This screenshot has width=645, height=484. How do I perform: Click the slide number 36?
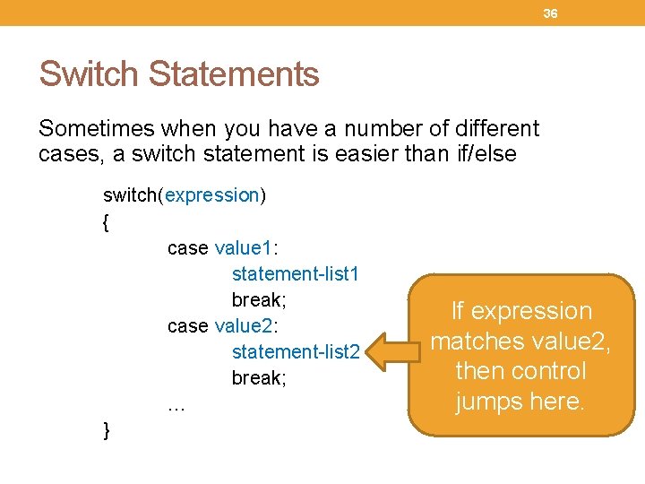(x=550, y=13)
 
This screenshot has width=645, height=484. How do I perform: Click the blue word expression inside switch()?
(x=211, y=195)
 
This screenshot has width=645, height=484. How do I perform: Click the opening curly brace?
(x=107, y=222)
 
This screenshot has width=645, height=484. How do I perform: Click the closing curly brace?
(x=107, y=431)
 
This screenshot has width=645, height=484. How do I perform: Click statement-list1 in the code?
(x=295, y=272)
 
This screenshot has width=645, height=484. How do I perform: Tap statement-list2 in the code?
(x=295, y=351)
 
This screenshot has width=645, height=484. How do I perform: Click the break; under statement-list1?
(x=259, y=298)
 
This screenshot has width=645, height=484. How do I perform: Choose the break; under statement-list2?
(x=259, y=377)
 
